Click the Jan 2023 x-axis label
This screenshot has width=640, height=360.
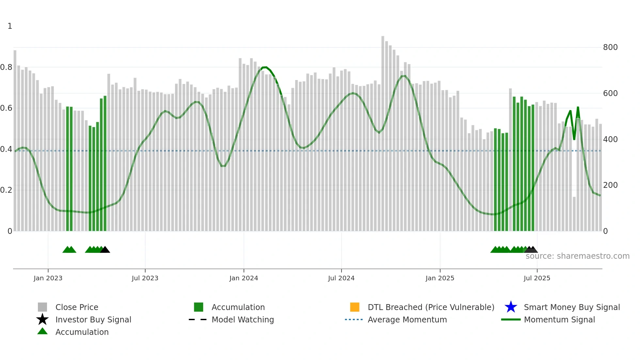pyautogui.click(x=48, y=278)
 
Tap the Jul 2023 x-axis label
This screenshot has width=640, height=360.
pyautogui.click(x=145, y=278)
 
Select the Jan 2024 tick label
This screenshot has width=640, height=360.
pyautogui.click(x=244, y=278)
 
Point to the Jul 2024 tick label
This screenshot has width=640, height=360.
pyautogui.click(x=341, y=278)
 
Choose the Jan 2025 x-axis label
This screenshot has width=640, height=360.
pyautogui.click(x=440, y=278)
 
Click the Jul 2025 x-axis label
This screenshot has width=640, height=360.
pyautogui.click(x=537, y=278)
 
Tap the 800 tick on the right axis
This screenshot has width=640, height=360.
pyautogui.click(x=610, y=47)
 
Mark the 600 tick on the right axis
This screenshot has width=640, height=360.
pyautogui.click(x=610, y=93)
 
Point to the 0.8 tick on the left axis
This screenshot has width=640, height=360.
pyautogui.click(x=6, y=67)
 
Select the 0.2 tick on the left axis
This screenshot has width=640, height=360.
pyautogui.click(x=6, y=190)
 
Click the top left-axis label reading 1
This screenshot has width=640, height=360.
pyautogui.click(x=10, y=26)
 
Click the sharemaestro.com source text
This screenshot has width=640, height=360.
pyautogui.click(x=577, y=256)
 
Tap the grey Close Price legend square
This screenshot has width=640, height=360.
pyautogui.click(x=42, y=307)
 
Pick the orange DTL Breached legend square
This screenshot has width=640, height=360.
pyautogui.click(x=355, y=307)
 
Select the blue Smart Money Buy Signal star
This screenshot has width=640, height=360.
pyautogui.click(x=511, y=307)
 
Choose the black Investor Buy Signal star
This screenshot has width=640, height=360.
pyautogui.click(x=42, y=319)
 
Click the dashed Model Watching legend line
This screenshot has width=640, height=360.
pyautogui.click(x=198, y=319)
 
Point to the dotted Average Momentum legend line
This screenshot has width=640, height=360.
pyautogui.click(x=354, y=319)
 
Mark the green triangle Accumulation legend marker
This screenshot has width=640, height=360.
pyautogui.click(x=42, y=331)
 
